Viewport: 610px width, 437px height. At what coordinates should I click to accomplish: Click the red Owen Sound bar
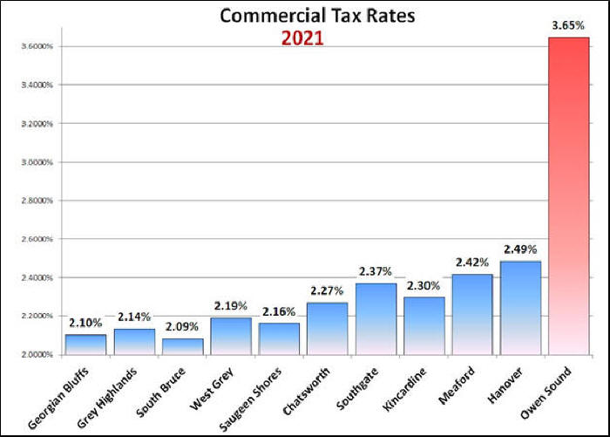pyautogui.click(x=567, y=196)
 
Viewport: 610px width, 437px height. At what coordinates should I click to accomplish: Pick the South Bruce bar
pyautogui.click(x=182, y=346)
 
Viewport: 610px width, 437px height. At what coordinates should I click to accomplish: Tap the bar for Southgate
pyautogui.click(x=376, y=318)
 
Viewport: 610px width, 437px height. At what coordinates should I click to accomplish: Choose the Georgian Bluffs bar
pyautogui.click(x=85, y=344)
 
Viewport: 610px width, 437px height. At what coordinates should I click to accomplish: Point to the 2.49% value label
pyautogui.click(x=520, y=249)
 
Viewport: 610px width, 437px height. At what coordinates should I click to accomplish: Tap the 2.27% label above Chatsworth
pyautogui.click(x=328, y=291)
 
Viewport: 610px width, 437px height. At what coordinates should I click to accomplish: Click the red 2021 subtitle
pyautogui.click(x=301, y=38)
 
